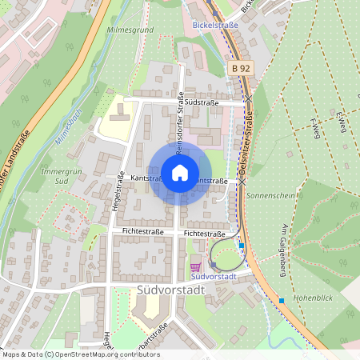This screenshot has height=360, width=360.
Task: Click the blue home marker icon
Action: click(180, 172)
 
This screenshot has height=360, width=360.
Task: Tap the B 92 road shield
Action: click(241, 70)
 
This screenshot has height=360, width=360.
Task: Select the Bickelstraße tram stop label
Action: click(216, 25)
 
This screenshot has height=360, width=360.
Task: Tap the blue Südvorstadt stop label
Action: click(214, 276)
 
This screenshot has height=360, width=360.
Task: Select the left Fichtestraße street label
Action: click(142, 232)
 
